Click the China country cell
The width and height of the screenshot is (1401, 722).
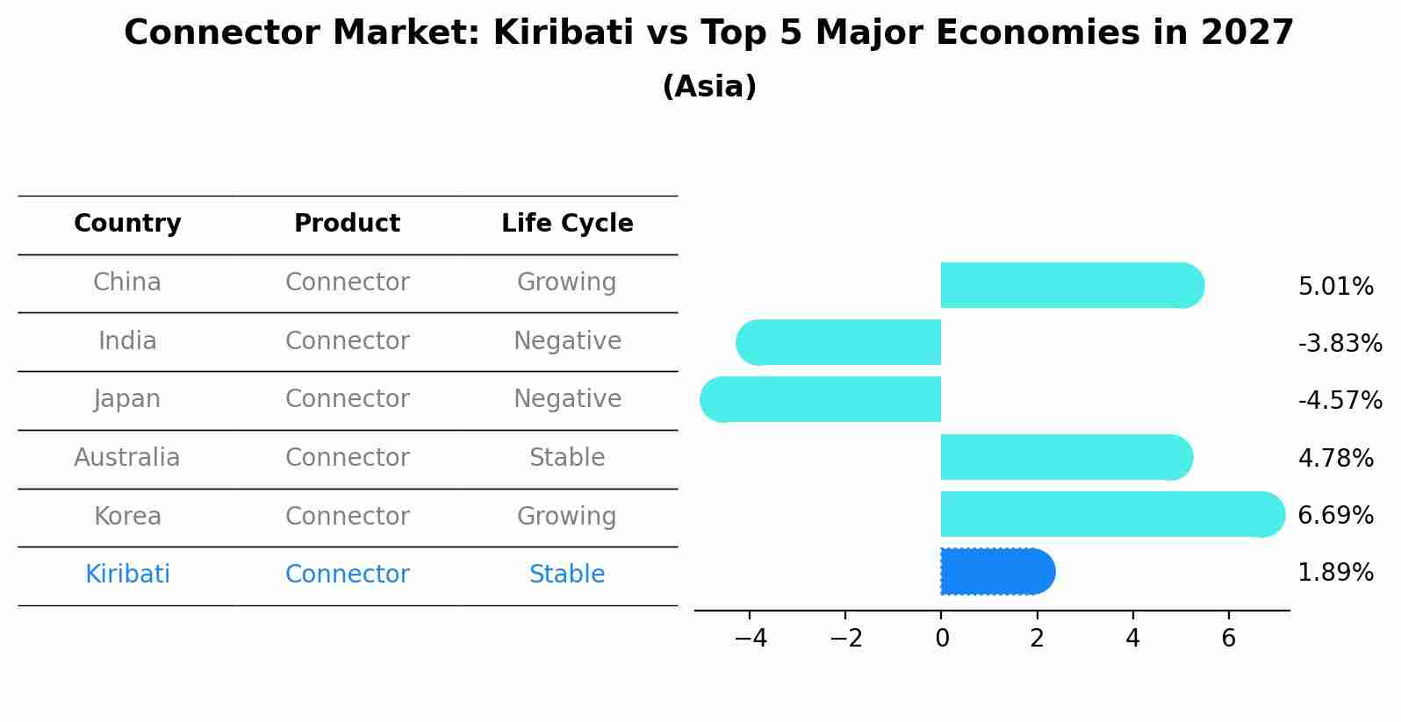pyautogui.click(x=127, y=282)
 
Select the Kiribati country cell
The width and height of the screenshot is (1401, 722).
pyautogui.click(x=127, y=575)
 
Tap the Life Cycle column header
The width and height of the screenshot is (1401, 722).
pyautogui.click(x=567, y=224)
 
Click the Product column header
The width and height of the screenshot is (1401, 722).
pyautogui.click(x=347, y=224)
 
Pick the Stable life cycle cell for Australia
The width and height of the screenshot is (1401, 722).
pyautogui.click(x=567, y=458)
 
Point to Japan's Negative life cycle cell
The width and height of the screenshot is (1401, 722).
pyautogui.click(x=567, y=399)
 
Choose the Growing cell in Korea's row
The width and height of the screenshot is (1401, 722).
pyautogui.click(x=567, y=516)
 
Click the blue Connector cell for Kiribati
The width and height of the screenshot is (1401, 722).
pyautogui.click(x=347, y=575)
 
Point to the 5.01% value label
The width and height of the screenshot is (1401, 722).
pyautogui.click(x=1335, y=287)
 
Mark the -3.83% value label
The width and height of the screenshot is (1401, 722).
pyautogui.click(x=1340, y=344)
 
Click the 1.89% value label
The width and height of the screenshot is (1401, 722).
pyautogui.click(x=1335, y=573)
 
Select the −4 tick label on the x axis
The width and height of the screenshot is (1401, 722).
pyautogui.click(x=751, y=639)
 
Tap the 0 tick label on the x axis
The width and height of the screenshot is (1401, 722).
pyautogui.click(x=942, y=639)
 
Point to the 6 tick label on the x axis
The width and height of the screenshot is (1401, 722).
pyautogui.click(x=1228, y=639)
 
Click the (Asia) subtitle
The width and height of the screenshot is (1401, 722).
pyautogui.click(x=709, y=87)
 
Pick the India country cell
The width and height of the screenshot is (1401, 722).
pyautogui.click(x=127, y=341)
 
